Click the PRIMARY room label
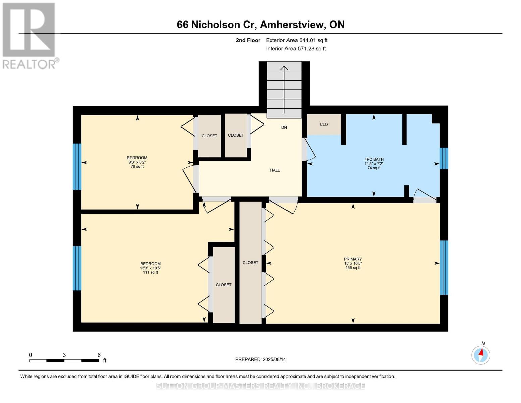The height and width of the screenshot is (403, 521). pyautogui.click(x=353, y=263)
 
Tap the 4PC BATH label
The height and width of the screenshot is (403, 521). pyautogui.click(x=374, y=163)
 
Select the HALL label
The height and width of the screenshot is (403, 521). pyautogui.click(x=275, y=170)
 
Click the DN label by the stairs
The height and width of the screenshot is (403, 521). pyautogui.click(x=284, y=127)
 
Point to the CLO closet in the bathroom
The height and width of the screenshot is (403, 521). pyautogui.click(x=324, y=124)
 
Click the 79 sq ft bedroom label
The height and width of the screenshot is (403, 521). pyautogui.click(x=137, y=162)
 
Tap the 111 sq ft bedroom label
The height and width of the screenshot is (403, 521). pyautogui.click(x=150, y=268)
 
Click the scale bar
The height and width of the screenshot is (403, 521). pyautogui.click(x=64, y=360)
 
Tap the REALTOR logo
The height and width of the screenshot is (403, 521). pyautogui.click(x=30, y=35)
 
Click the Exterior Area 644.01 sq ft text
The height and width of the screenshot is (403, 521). pyautogui.click(x=297, y=40)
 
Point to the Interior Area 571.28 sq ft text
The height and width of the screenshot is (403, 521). pyautogui.click(x=296, y=49)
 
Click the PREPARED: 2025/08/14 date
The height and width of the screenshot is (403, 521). pyautogui.click(x=260, y=359)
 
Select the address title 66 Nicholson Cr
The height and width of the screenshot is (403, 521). pyautogui.click(x=260, y=25)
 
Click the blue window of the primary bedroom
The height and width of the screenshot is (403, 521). pyautogui.click(x=444, y=267)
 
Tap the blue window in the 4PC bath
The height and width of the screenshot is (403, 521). pyautogui.click(x=444, y=158)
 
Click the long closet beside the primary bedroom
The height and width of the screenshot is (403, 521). pyautogui.click(x=250, y=263)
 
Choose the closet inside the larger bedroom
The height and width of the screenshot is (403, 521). pyautogui.click(x=224, y=285)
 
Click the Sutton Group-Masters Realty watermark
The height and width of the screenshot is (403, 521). pyautogui.click(x=260, y=386)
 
